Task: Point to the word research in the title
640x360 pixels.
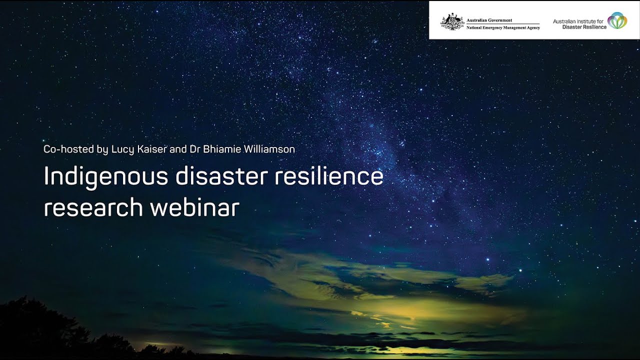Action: click(93, 207)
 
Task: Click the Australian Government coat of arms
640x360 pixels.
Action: click(452, 22)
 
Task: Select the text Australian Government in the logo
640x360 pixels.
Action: click(489, 20)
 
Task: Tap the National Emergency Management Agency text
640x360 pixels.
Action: click(502, 27)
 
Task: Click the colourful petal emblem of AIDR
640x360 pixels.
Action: click(617, 20)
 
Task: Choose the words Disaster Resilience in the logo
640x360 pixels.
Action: click(584, 27)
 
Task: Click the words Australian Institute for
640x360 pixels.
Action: click(579, 21)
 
